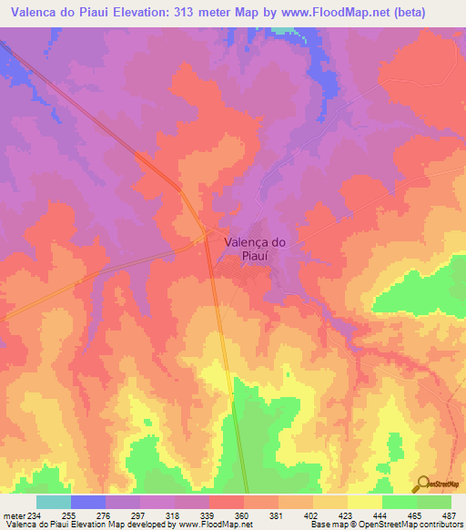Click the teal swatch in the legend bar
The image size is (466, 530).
coord(53,502)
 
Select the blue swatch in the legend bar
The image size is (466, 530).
coord(88,502)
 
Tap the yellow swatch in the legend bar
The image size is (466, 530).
coord(365,502)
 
